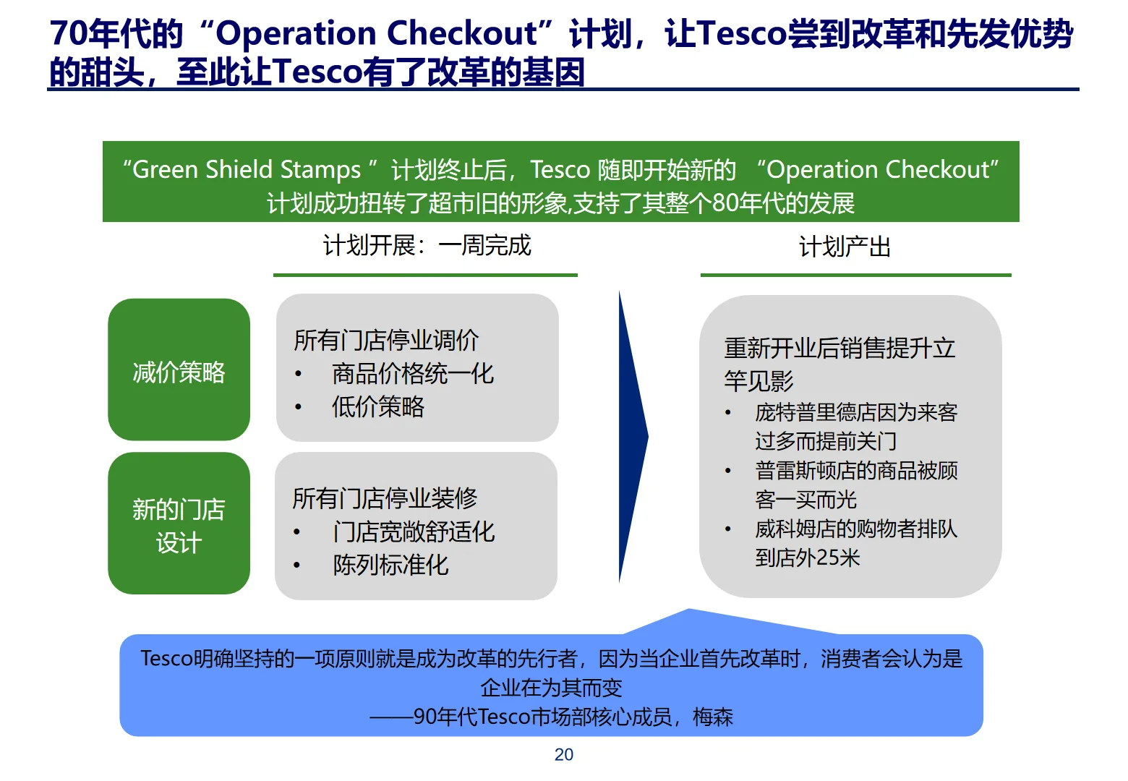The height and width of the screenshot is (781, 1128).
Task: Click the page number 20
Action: point(563,754)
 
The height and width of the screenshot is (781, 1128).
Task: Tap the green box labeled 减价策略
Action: point(179,372)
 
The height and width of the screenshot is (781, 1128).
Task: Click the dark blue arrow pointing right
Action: point(631,437)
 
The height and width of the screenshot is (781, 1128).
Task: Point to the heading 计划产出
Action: point(845,247)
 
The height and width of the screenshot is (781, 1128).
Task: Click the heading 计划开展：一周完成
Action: point(427,246)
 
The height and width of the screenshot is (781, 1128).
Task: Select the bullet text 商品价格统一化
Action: point(412,373)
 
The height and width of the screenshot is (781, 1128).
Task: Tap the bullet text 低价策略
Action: point(377,406)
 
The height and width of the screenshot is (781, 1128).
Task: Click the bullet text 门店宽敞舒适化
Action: point(414,532)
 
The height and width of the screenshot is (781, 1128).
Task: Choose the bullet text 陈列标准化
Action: point(390,565)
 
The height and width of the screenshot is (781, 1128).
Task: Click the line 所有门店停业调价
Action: point(386,340)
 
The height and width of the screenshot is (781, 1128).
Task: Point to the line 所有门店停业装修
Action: point(385,498)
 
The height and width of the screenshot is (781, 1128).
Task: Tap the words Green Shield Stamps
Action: point(247,170)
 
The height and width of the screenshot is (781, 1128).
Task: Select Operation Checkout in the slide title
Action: point(376,33)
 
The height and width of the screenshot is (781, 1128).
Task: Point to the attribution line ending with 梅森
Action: point(551,717)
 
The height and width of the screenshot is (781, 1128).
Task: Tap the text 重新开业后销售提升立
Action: point(839,349)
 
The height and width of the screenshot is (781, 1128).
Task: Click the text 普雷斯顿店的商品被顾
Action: point(856,471)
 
